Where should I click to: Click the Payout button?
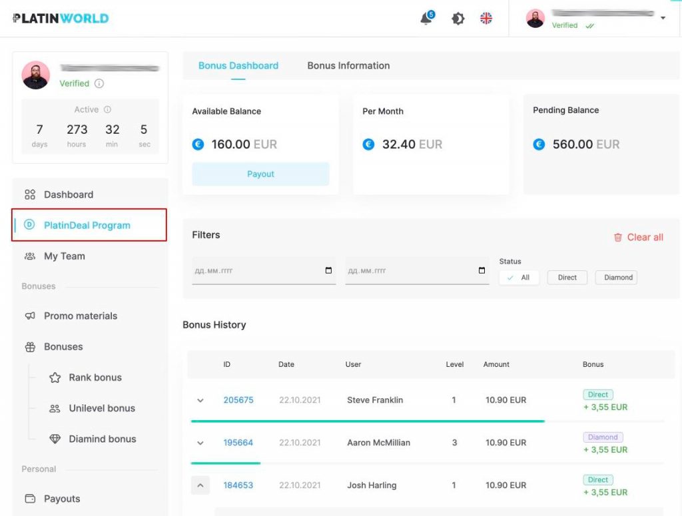260,174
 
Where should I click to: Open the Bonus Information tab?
348,65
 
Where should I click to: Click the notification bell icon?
426,19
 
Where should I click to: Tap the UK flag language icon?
486,19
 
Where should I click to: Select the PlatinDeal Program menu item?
87,225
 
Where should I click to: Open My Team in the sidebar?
64,256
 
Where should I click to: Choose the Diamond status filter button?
616,278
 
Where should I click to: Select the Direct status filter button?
567,278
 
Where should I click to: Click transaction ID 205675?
238,400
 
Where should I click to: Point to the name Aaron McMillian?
378,443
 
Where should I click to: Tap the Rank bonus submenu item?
95,378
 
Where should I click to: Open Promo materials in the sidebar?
80,316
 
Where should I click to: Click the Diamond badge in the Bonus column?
603,437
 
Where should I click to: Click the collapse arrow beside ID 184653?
200,485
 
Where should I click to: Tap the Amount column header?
496,364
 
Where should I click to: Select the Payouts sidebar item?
62,499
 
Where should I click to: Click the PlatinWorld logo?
61,19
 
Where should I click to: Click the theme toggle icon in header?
458,19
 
